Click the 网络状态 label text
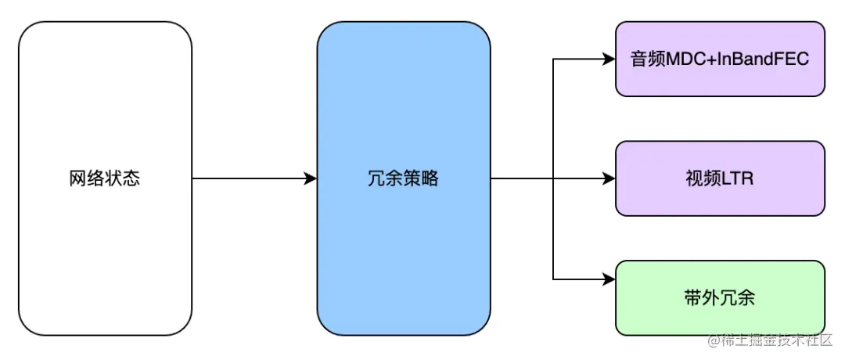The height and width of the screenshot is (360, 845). coord(104,178)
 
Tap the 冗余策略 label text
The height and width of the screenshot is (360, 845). coord(403,178)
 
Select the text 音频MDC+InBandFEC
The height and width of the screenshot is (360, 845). coord(720,59)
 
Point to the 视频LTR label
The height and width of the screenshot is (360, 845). coord(720,178)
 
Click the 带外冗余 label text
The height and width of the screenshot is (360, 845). coord(720,298)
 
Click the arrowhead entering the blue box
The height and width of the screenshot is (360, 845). coord(310,179)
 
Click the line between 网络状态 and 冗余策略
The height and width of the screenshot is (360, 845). coord(250,179)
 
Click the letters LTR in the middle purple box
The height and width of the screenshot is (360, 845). coord(738,178)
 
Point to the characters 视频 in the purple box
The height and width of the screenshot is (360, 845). coord(702,178)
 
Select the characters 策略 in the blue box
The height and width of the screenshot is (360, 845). coord(421,178)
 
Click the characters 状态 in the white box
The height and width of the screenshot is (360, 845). coord(122,178)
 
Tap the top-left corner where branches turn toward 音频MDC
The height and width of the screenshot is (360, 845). coord(553,59)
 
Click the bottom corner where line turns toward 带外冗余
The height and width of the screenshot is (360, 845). coord(553,279)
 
